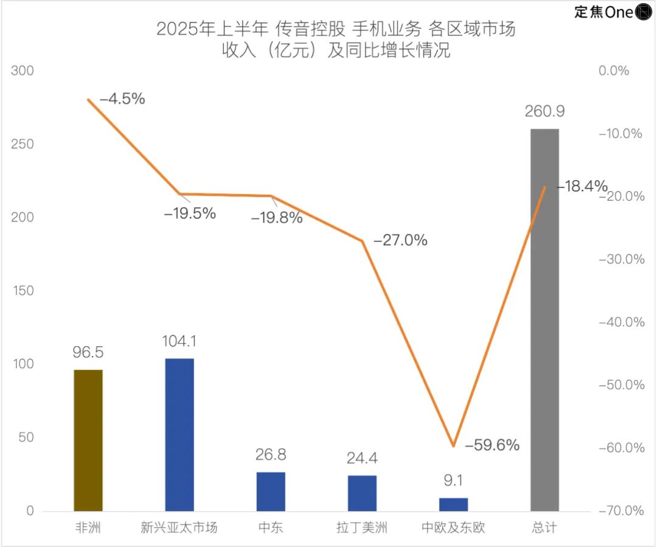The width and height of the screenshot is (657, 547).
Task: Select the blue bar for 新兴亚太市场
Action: [179, 434]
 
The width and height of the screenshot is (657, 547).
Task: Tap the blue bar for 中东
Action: [271, 491]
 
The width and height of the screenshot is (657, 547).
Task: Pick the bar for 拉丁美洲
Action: [362, 493]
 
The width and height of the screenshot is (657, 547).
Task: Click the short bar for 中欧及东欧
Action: [453, 504]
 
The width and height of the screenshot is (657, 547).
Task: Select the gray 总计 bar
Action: [544, 319]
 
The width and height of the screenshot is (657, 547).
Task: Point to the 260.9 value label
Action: [544, 111]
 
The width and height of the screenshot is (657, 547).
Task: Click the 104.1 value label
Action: [179, 341]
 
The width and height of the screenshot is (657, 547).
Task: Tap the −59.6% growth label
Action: [492, 445]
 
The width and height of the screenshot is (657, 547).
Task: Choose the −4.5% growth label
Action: [122, 99]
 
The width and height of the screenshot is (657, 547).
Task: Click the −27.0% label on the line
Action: [400, 240]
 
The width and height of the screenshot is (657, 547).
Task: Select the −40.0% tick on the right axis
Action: [621, 322]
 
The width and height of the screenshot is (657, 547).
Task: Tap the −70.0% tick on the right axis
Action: [621, 510]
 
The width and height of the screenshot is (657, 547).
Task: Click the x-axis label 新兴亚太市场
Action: [179, 527]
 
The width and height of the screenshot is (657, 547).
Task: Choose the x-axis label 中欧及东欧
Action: [453, 527]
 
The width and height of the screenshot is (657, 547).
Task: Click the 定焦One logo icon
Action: [644, 12]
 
